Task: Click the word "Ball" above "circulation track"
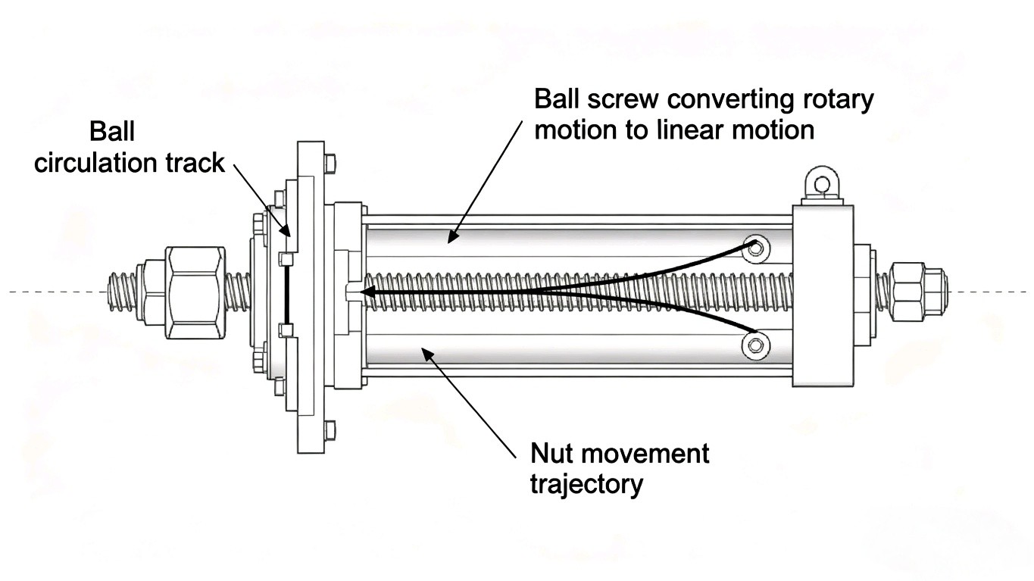coord(112,132)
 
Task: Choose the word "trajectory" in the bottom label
coord(586,483)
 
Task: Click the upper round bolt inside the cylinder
coord(754,248)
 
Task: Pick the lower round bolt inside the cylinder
coord(754,345)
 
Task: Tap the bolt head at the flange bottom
coord(330,430)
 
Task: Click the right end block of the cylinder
coord(823,295)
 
